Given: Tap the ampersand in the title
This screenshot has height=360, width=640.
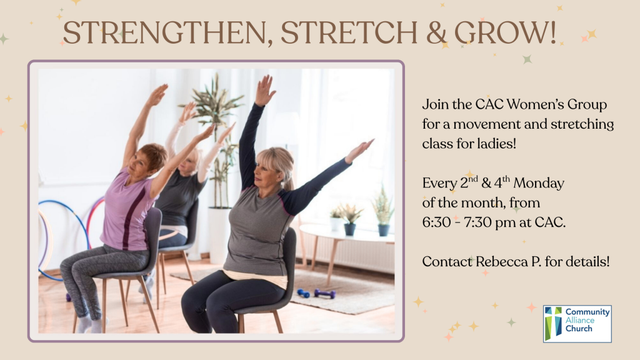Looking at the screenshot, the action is [x=436, y=32].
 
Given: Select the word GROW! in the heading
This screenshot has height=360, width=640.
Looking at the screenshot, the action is [x=505, y=32].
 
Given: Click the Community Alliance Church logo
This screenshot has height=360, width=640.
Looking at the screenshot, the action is [x=577, y=324].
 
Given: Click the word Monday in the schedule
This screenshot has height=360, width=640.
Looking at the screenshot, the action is [x=539, y=183].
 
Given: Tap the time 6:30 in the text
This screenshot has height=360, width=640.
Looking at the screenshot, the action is [x=436, y=222].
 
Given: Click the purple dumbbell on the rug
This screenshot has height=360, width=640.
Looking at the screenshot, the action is [x=325, y=294].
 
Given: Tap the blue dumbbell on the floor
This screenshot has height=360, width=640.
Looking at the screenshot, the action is [x=303, y=293].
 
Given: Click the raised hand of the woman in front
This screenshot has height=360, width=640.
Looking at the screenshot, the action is [x=264, y=91].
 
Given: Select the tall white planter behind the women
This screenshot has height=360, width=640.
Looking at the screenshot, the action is [x=219, y=235].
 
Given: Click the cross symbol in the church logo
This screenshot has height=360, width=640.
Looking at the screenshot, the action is [x=553, y=323].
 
